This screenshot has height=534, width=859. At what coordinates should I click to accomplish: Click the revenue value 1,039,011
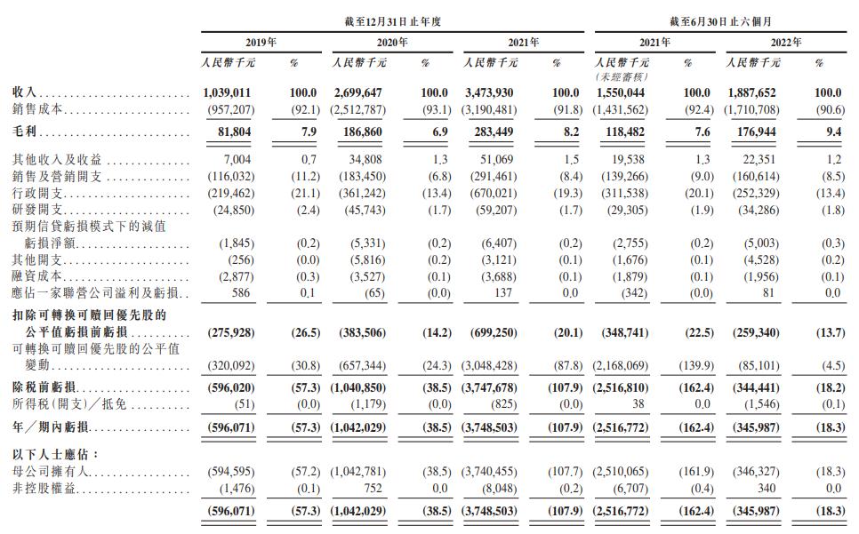(x=227, y=93)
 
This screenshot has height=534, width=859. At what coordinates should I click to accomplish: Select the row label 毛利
(x=25, y=132)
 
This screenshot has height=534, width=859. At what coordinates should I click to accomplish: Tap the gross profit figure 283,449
(x=494, y=132)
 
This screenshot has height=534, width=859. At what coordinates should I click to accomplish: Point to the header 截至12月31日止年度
(x=392, y=22)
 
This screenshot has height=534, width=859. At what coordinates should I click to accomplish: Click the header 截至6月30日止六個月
(x=720, y=22)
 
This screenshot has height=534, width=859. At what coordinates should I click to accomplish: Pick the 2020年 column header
(x=392, y=42)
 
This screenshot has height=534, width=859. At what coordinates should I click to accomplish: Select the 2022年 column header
(x=786, y=42)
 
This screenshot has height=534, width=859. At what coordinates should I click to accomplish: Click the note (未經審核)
(x=622, y=77)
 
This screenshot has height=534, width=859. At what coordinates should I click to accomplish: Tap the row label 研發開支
(x=37, y=210)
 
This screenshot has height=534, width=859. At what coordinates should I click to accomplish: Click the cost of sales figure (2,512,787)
(x=357, y=110)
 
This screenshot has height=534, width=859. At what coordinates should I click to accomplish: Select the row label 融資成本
(x=37, y=276)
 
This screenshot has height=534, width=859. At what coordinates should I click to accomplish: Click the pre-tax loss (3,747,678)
(x=489, y=387)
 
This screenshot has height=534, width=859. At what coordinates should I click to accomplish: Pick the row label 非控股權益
(x=44, y=488)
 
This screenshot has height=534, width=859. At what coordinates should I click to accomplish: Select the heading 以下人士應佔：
(x=56, y=455)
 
